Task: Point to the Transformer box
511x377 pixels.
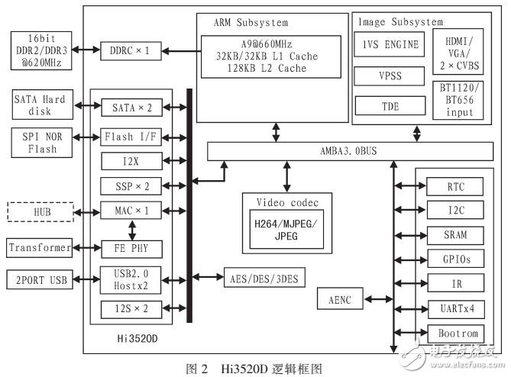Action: (40, 247)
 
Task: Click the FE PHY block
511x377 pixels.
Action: (131, 247)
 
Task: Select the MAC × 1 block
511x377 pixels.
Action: (131, 209)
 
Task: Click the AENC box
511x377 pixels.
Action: (341, 300)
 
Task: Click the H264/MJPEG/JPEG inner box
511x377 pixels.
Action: (287, 229)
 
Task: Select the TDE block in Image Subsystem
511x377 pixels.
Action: (390, 105)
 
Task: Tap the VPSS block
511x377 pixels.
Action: (390, 76)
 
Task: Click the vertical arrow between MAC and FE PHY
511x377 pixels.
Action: (131, 228)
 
